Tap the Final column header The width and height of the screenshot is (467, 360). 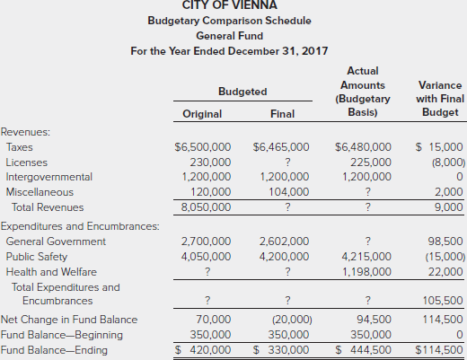(281, 114)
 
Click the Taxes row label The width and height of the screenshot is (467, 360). (20, 146)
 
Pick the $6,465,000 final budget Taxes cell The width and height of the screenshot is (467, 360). (281, 146)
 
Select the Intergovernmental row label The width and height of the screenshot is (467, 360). (48, 177)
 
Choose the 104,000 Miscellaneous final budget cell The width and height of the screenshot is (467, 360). (288, 191)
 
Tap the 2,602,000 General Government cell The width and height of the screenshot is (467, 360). (284, 241)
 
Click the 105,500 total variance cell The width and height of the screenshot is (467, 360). (443, 301)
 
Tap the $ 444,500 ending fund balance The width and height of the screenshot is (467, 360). (363, 349)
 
